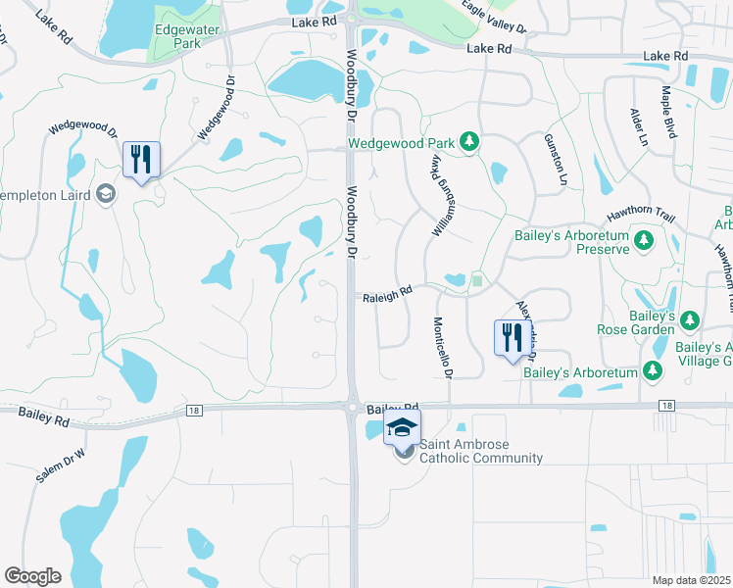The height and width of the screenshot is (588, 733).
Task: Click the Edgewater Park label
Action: tap(178, 36)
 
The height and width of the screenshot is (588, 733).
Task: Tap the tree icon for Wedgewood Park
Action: tap(469, 143)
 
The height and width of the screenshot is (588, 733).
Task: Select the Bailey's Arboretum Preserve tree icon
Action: tap(643, 239)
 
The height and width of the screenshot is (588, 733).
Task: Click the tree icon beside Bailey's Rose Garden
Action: tap(690, 320)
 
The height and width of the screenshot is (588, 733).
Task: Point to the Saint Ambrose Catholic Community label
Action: tap(481, 452)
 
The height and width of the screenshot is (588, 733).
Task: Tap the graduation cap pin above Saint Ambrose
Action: tap(402, 428)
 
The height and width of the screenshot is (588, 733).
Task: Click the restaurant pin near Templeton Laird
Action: tap(141, 160)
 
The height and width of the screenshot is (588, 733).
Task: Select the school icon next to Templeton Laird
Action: tap(107, 196)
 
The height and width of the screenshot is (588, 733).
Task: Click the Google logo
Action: tap(32, 576)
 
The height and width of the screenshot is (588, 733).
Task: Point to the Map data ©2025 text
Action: tap(692, 580)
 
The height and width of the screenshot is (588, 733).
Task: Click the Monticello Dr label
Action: tap(443, 349)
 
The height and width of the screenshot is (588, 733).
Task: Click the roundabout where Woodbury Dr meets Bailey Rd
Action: tap(351, 406)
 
